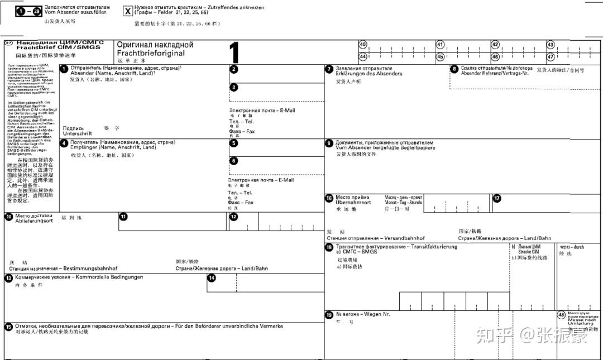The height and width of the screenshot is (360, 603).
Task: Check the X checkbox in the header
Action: [x=128, y=11]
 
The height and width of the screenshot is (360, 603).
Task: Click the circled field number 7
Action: [x=329, y=69]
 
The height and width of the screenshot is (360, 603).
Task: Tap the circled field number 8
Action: [x=454, y=69]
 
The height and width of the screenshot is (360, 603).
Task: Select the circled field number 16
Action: [x=329, y=198]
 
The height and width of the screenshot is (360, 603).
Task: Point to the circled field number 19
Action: [x=329, y=315]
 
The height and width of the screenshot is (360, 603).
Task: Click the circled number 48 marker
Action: [x=561, y=315]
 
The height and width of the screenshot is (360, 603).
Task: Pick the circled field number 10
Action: [x=9, y=217]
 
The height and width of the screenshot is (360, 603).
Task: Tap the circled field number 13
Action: [x=9, y=277]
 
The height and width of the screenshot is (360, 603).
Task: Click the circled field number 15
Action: [x=9, y=327]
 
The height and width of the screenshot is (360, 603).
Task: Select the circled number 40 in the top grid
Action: [x=363, y=45]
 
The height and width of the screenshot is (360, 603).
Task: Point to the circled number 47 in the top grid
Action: [x=551, y=56]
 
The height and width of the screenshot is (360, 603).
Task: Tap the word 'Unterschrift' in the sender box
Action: [x=78, y=134]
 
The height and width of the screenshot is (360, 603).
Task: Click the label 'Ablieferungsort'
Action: [x=34, y=221]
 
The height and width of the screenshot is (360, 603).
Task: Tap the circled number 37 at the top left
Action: [x=9, y=43]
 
